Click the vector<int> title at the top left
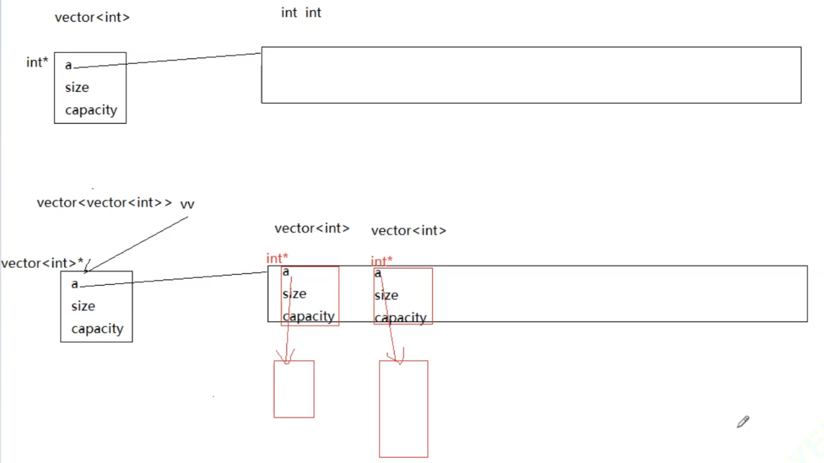[92, 18]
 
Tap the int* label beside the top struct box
[37, 63]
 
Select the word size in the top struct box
[77, 88]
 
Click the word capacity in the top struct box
[90, 110]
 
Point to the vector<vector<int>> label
[104, 203]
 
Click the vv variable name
[187, 204]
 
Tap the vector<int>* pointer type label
[43, 263]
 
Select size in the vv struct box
[83, 306]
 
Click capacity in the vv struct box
[97, 329]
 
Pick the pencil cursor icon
[743, 422]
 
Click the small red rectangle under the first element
[294, 389]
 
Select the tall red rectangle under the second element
[403, 409]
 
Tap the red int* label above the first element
[277, 259]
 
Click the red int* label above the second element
[382, 261]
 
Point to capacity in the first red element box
[309, 316]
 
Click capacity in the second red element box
[401, 318]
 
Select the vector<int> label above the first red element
[312, 229]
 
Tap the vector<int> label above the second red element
[408, 231]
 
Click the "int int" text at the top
[301, 12]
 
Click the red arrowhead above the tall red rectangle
[395, 358]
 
